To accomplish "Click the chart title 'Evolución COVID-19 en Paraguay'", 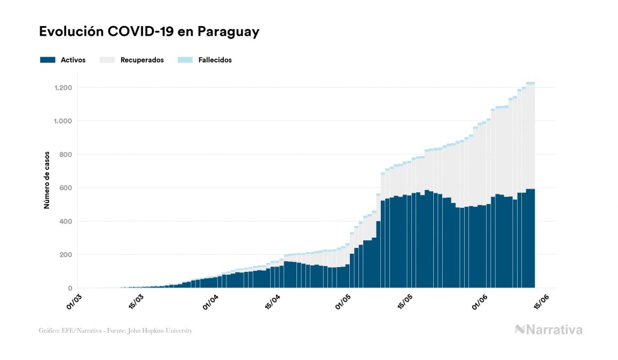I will click(x=149, y=32).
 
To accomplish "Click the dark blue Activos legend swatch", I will click(x=48, y=60).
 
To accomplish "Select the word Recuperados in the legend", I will click(x=142, y=60).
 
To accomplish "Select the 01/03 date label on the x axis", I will click(x=75, y=301).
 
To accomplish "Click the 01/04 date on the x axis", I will click(x=210, y=301).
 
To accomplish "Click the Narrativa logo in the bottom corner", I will click(x=549, y=330).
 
